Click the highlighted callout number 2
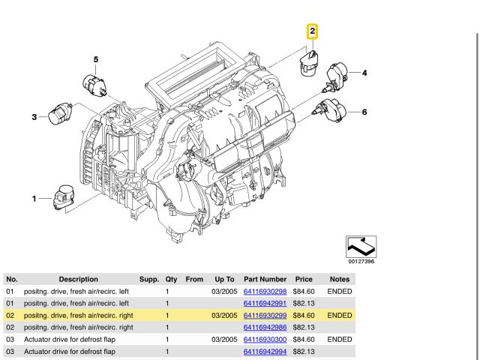coord(312,31)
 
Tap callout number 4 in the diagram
coord(364,73)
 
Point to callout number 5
coord(96,58)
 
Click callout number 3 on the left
coord(34,116)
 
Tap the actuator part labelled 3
coord(60,115)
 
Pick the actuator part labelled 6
coord(331,109)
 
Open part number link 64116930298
coord(265,291)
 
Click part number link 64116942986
coord(265,328)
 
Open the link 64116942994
coord(265,352)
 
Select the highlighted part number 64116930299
coord(265,316)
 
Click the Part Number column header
coord(265,279)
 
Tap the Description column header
coord(78,279)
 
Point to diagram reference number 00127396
coord(361,262)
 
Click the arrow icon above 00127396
coord(361,246)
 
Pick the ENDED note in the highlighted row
coord(340,316)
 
